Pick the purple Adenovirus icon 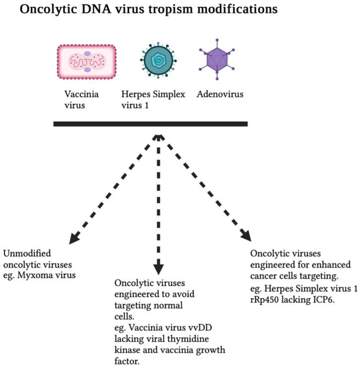point(216,62)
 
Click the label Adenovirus point(220,93)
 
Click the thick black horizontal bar point(150,124)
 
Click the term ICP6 point(323,299)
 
